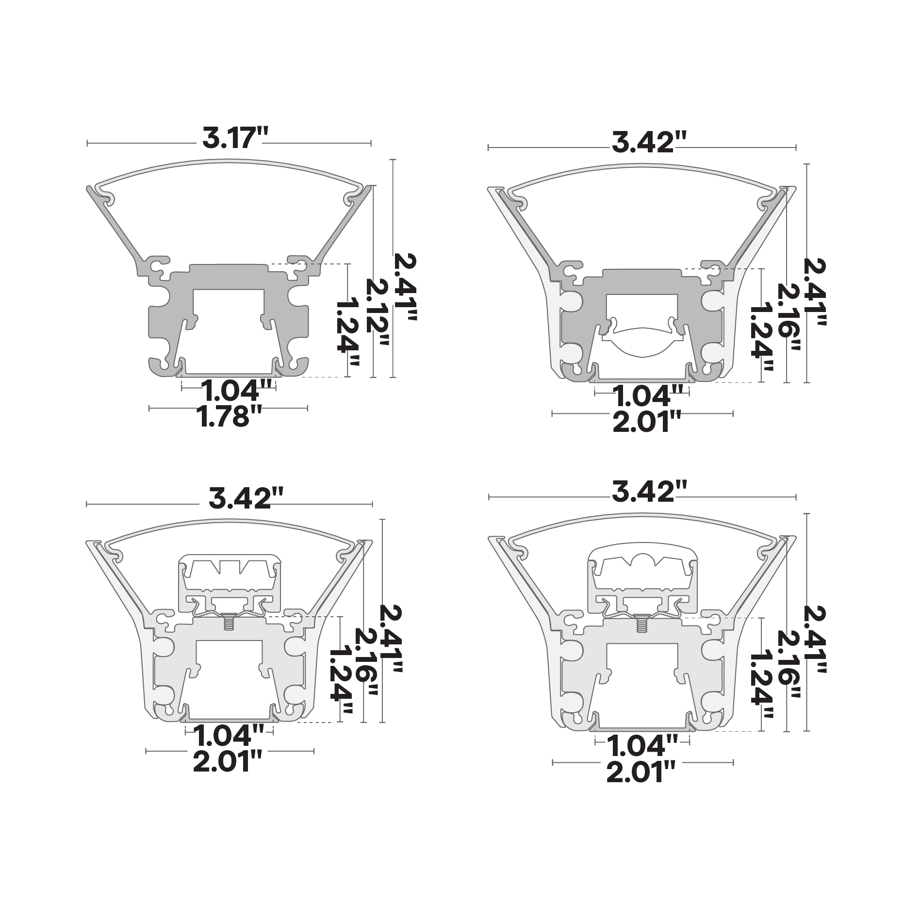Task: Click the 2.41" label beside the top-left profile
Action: pyautogui.click(x=405, y=288)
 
